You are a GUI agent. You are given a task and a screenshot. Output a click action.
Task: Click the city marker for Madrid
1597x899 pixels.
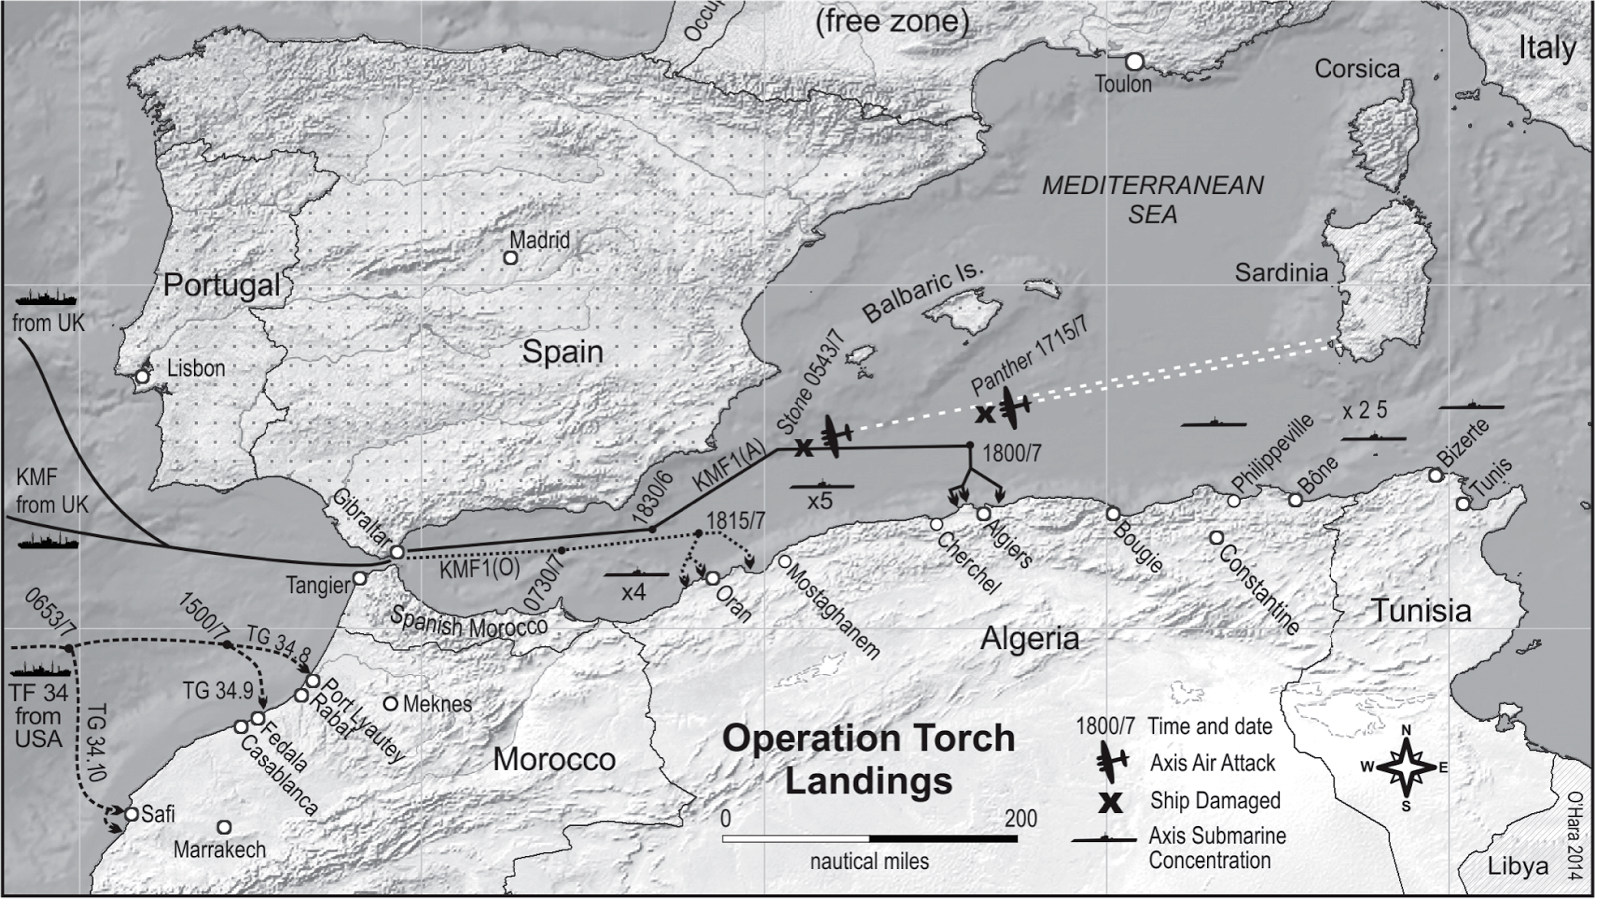tap(510, 258)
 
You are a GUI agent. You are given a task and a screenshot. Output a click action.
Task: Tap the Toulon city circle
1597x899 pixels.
tap(1134, 62)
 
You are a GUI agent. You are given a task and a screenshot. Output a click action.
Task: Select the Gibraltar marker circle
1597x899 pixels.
tap(396, 552)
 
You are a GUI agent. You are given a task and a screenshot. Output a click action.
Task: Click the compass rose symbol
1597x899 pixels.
tap(1405, 768)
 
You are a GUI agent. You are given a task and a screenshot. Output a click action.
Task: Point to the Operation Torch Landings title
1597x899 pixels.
tap(867, 759)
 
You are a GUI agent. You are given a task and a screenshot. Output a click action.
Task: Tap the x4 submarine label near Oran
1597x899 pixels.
tap(634, 592)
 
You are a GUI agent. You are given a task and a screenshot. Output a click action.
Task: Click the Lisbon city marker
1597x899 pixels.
tap(143, 377)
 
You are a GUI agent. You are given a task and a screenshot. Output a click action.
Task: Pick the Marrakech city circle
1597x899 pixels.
tap(224, 828)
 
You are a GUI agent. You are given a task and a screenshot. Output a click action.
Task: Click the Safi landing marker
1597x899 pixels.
tap(131, 814)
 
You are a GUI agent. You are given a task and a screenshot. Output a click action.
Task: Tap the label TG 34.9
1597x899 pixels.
tap(217, 690)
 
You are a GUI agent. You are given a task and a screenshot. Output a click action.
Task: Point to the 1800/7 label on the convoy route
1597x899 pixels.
tap(1011, 454)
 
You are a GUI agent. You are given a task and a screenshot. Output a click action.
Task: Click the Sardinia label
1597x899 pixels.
tap(1281, 273)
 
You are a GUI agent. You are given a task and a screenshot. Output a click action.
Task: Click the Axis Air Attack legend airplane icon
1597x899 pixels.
tap(1111, 762)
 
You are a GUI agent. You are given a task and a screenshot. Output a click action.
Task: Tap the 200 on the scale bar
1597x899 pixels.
tap(1020, 819)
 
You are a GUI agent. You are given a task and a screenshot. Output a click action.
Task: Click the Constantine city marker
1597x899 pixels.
tap(1216, 538)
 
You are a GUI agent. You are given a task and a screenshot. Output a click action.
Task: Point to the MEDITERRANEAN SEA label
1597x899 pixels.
tap(1153, 199)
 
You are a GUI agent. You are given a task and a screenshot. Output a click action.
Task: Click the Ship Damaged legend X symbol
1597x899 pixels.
tap(1110, 801)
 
